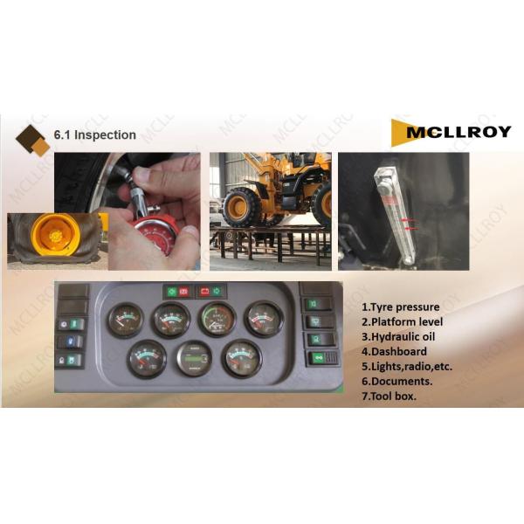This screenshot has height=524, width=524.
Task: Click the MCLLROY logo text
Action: click(x=458, y=133)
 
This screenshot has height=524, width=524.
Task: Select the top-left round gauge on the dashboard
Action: click(x=126, y=320)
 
